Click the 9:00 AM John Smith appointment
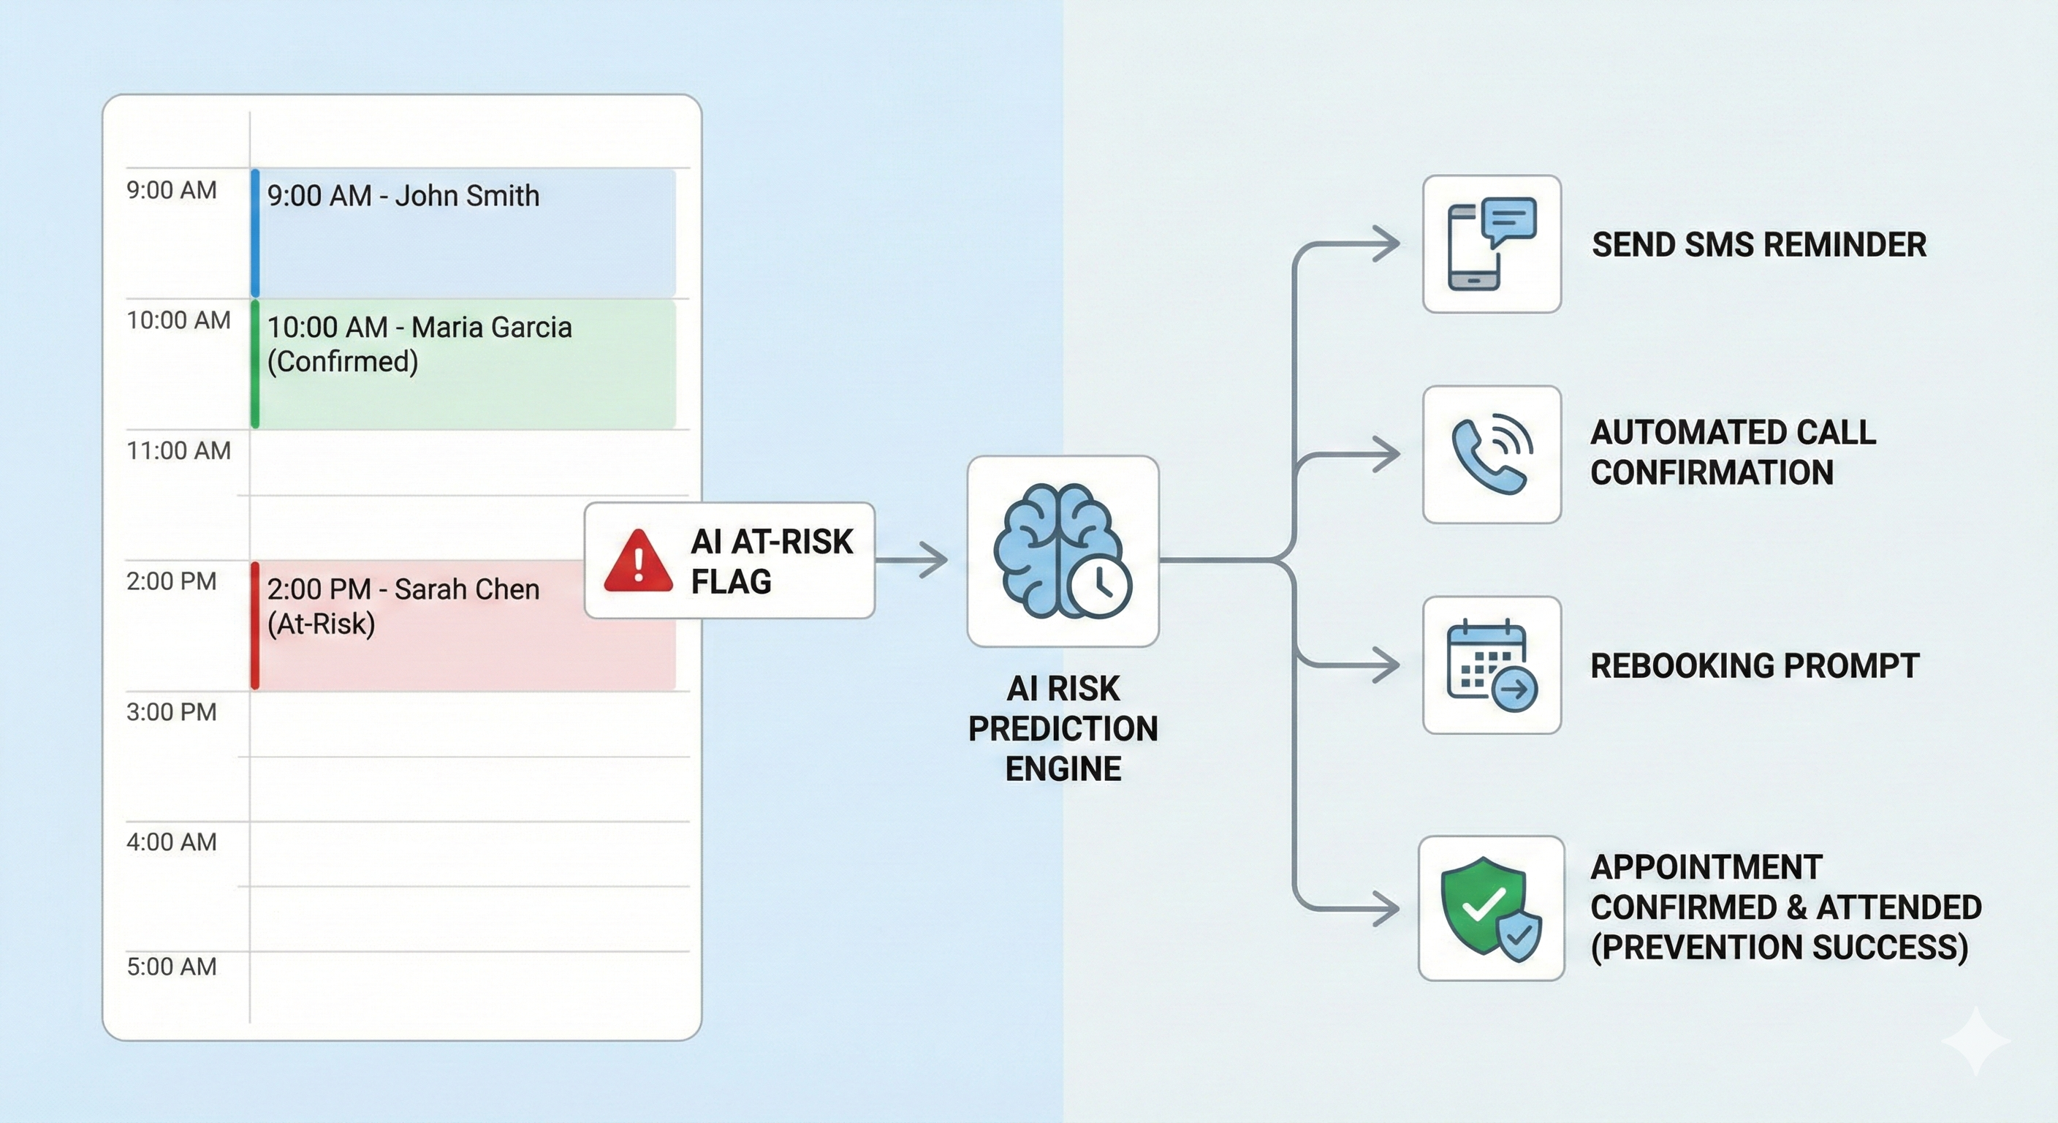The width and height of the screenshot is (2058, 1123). point(403,197)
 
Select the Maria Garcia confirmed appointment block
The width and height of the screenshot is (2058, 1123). point(463,363)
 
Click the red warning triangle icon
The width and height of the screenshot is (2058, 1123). point(637,561)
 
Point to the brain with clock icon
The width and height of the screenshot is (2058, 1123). point(1063,551)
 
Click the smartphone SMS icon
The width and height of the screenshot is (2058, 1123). point(1491,243)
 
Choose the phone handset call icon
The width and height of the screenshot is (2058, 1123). point(1491,454)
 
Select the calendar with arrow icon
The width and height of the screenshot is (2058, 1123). point(1491,665)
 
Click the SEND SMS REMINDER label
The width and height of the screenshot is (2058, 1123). point(1758,245)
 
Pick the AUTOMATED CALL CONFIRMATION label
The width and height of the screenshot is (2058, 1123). point(1732,453)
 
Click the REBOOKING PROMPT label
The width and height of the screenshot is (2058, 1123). point(1755,666)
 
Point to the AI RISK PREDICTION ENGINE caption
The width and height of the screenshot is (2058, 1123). point(1063,728)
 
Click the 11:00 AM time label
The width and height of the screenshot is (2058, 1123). point(178,451)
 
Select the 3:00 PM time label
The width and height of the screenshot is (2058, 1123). point(171,711)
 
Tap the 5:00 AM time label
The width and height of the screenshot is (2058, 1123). point(171,967)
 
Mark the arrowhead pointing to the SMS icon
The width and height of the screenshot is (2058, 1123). point(1387,243)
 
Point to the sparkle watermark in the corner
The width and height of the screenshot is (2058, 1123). point(1975,1040)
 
